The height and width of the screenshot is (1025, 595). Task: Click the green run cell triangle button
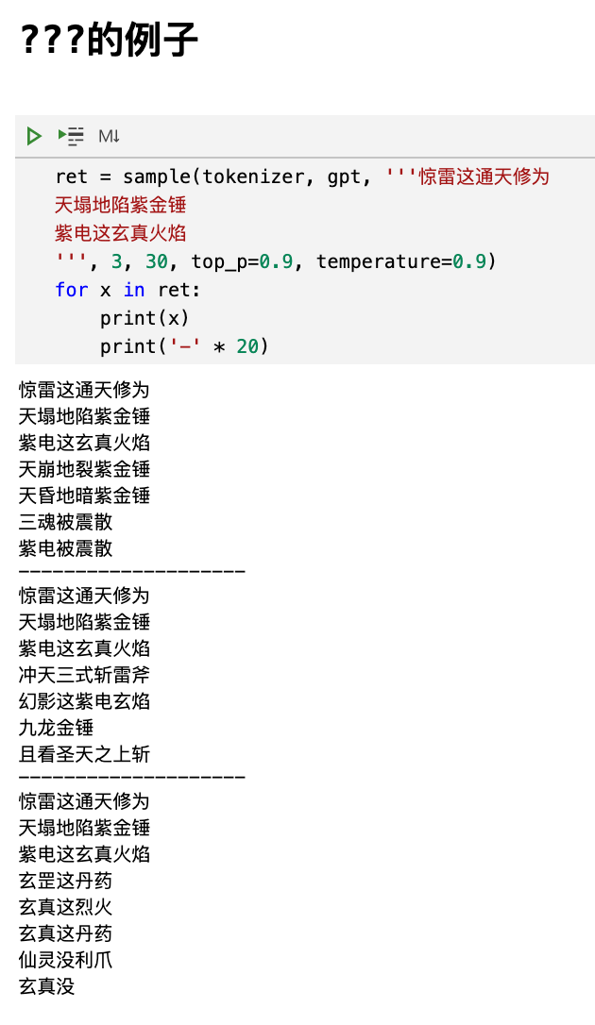point(34,136)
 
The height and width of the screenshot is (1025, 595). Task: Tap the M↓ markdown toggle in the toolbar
point(109,136)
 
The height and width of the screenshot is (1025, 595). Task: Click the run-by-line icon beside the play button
point(71,136)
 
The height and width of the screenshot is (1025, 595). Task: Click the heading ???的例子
point(109,40)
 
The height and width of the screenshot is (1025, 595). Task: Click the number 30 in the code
point(156,261)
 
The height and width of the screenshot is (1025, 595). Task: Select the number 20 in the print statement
point(247,346)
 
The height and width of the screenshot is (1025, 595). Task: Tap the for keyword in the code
point(71,290)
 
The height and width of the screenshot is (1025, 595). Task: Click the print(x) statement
point(145,318)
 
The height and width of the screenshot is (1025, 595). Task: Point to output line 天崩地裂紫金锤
point(84,469)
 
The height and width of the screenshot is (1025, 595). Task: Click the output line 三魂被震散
point(65,522)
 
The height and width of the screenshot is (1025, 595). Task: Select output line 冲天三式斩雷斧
point(84,675)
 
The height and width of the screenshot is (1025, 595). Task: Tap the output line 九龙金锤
point(56,728)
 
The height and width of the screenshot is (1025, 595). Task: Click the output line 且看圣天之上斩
point(84,754)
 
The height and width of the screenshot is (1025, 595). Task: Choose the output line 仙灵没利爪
point(65,960)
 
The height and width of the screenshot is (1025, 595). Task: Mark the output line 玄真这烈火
point(65,907)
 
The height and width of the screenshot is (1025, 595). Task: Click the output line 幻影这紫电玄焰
point(84,701)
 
